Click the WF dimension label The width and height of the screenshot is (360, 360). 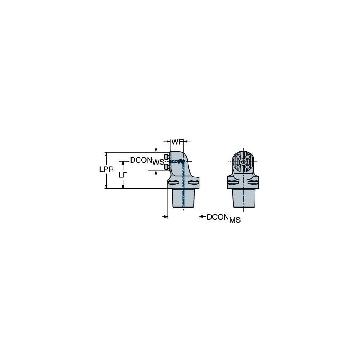click(177, 142)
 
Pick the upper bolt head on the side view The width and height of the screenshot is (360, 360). click(168, 157)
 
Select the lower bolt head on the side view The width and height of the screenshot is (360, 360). click(168, 167)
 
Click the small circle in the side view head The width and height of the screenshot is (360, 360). click(180, 162)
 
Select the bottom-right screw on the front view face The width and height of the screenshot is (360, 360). click(249, 167)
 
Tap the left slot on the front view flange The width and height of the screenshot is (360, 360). click(233, 183)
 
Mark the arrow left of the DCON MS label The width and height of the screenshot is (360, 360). click(201, 217)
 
